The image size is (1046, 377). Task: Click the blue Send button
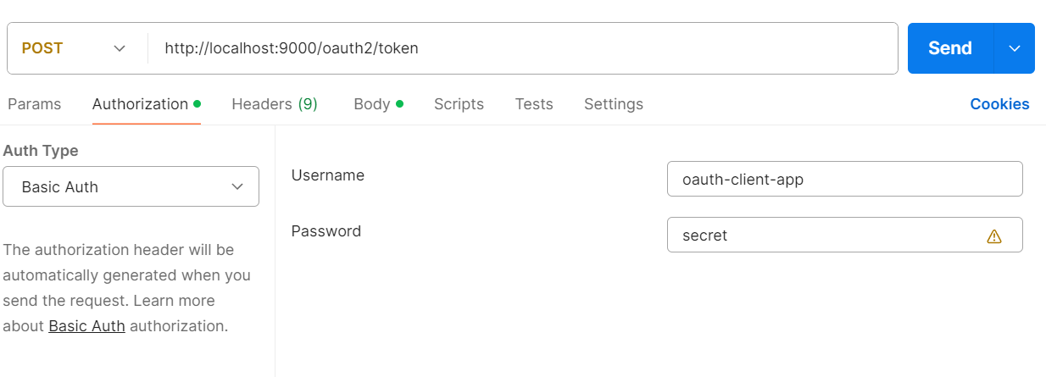(x=950, y=48)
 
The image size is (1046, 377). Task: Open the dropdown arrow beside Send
(x=1015, y=48)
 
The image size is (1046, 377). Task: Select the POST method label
(x=42, y=48)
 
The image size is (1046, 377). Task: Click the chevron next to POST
(x=120, y=48)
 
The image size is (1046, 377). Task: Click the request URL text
(x=292, y=48)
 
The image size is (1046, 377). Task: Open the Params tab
(x=35, y=104)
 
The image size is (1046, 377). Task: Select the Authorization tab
(x=140, y=104)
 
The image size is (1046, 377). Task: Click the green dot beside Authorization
(x=197, y=103)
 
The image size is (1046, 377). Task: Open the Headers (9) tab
(x=275, y=104)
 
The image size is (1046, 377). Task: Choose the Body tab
(x=372, y=104)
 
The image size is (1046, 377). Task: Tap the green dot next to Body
(x=400, y=103)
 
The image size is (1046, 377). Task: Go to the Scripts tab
(x=459, y=104)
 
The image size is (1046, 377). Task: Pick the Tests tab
(x=534, y=104)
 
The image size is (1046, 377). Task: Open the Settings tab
(x=614, y=104)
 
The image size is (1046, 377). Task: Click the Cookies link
(x=999, y=104)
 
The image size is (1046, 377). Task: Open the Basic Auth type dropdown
(x=131, y=186)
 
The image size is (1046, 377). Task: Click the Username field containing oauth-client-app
(x=845, y=179)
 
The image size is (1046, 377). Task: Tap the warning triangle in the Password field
(x=994, y=236)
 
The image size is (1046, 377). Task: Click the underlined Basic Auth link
(x=86, y=325)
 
